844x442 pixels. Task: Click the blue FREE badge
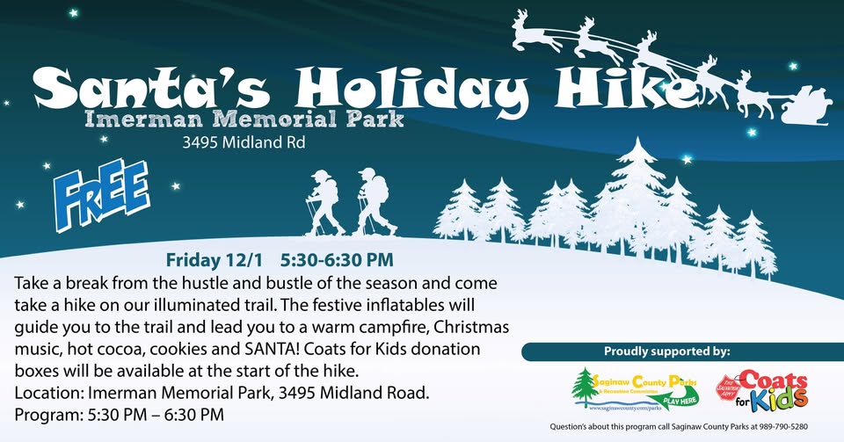click(102, 194)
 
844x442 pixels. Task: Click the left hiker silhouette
click(324, 202)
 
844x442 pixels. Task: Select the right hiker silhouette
click(374, 201)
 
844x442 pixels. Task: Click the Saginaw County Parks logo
click(635, 389)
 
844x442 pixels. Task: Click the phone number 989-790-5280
click(783, 427)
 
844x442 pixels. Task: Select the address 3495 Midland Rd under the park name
click(244, 142)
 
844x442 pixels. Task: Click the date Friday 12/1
click(215, 260)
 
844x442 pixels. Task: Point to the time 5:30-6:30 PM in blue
click(337, 260)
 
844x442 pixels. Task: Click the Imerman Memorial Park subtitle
click(244, 119)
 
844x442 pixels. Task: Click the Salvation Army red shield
click(728, 388)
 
